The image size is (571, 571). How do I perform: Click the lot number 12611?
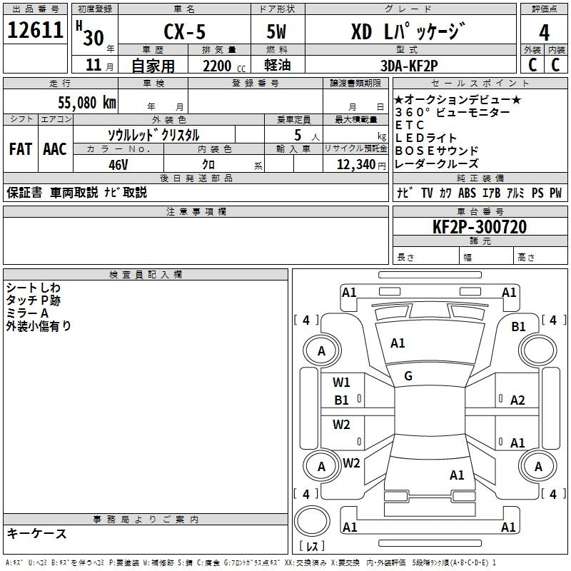tap(35, 30)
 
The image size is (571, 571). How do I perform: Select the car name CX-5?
tap(184, 31)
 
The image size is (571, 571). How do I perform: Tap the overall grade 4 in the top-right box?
tap(544, 33)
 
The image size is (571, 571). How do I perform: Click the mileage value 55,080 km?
tap(87, 103)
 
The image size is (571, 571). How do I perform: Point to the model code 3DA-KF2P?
tap(409, 66)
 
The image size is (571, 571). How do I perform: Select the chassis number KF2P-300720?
tap(480, 227)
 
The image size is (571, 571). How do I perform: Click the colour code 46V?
tap(118, 165)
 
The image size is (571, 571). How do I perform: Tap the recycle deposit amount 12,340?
tap(356, 165)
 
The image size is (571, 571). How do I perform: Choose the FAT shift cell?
tap(21, 149)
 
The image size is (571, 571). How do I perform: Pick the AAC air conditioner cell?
tap(55, 149)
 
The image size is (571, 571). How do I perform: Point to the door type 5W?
tap(276, 31)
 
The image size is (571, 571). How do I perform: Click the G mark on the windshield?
tap(408, 376)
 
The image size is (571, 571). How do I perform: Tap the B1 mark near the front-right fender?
tap(518, 327)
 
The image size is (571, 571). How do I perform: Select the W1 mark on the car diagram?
tap(341, 382)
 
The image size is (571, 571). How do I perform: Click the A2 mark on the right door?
tap(517, 400)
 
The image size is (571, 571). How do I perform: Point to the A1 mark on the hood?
tap(398, 343)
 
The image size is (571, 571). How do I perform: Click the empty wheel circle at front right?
tap(538, 350)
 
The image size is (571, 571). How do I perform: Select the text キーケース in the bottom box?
tap(37, 533)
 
